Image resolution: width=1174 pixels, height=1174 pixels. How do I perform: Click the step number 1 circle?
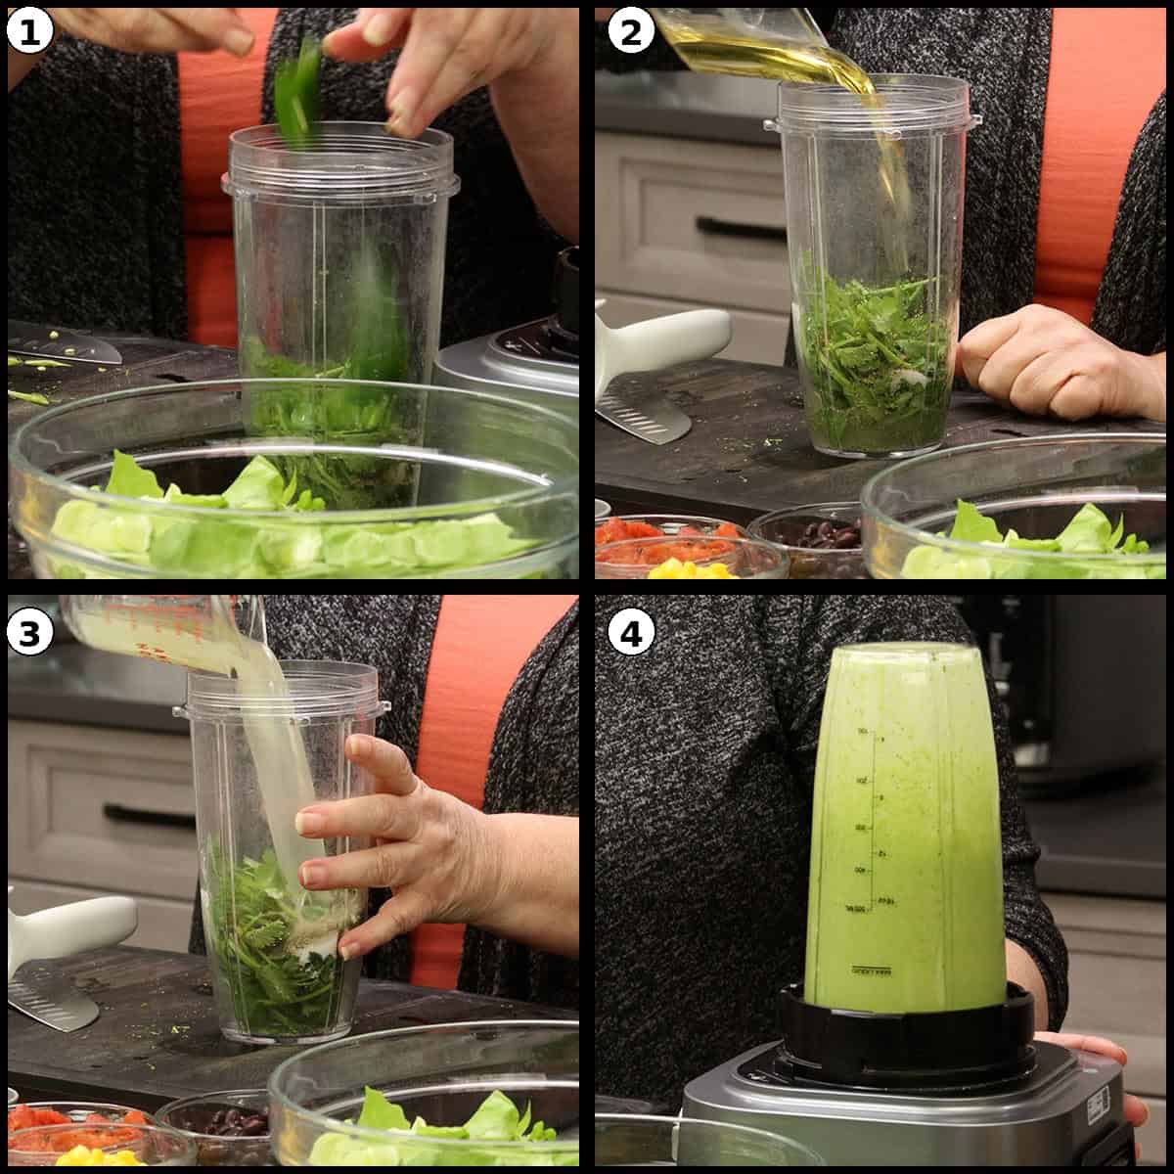click(x=29, y=32)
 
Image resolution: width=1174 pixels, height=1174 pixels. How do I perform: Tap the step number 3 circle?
click(x=29, y=634)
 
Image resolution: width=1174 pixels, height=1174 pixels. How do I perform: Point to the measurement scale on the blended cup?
click(x=876, y=832)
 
